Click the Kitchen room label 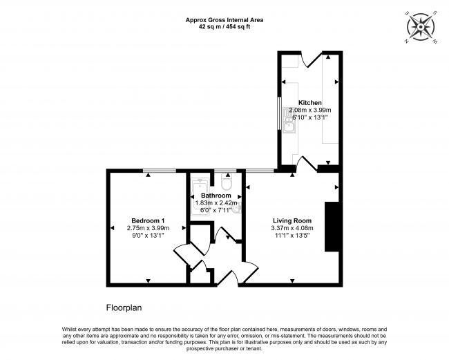[310, 102]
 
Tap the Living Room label [292, 221]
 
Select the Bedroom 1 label [148, 221]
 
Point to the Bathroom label [216, 196]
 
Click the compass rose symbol [421, 27]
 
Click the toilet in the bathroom [227, 182]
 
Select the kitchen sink [288, 120]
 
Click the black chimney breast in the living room [332, 227]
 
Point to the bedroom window [160, 171]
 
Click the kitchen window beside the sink [278, 114]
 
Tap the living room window [260, 171]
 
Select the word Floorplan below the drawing [124, 308]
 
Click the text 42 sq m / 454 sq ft [224, 27]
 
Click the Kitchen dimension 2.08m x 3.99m [310, 110]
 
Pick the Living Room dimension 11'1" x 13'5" [292, 235]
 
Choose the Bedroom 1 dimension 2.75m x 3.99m [148, 228]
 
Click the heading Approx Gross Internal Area [224, 20]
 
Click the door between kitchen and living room [307, 164]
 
